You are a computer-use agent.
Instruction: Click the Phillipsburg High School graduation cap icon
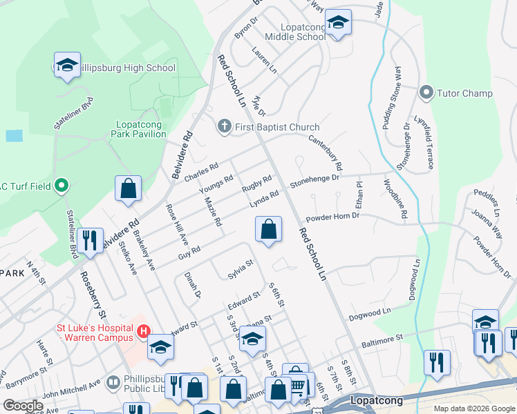click(x=66, y=66)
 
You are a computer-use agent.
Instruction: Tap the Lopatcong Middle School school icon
click(x=337, y=23)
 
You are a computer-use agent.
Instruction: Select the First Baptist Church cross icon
click(x=223, y=127)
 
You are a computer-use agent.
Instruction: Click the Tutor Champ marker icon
click(x=426, y=92)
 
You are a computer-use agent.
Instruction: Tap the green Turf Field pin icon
click(x=62, y=185)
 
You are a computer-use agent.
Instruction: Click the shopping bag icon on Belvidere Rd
click(x=128, y=189)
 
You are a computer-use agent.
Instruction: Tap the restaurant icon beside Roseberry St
click(x=89, y=241)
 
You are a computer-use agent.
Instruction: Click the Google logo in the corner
click(x=23, y=406)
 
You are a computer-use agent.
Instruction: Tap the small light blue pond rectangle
click(x=14, y=135)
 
